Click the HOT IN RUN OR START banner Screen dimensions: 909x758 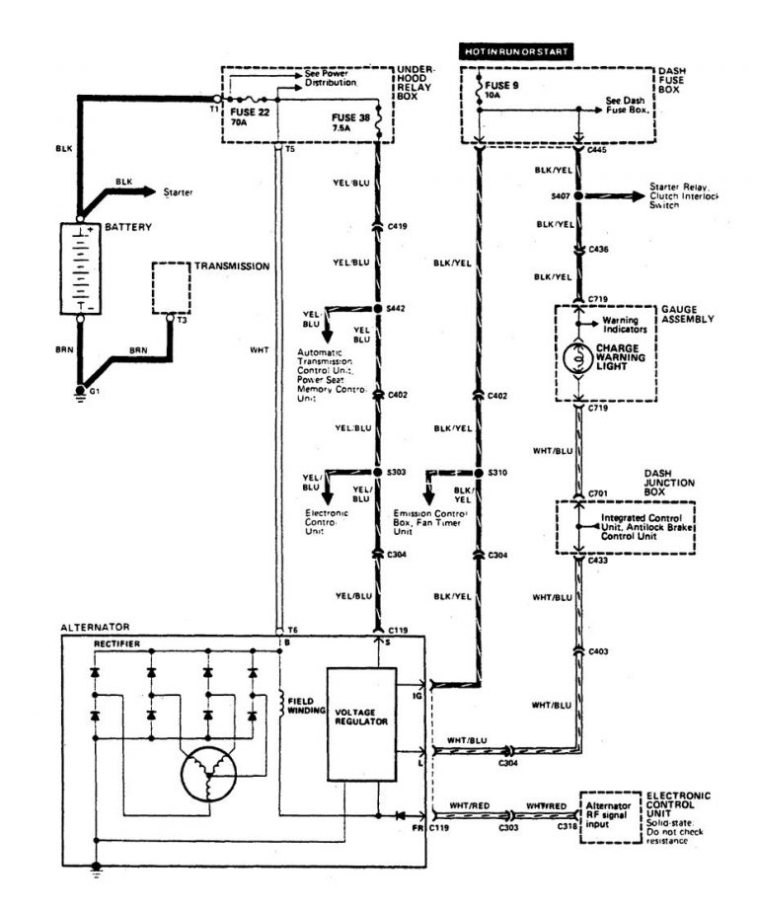[x=515, y=49]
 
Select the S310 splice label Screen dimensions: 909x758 [x=497, y=473]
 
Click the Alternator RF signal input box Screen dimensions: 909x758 [x=609, y=815]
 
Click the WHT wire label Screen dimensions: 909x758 [x=260, y=348]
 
